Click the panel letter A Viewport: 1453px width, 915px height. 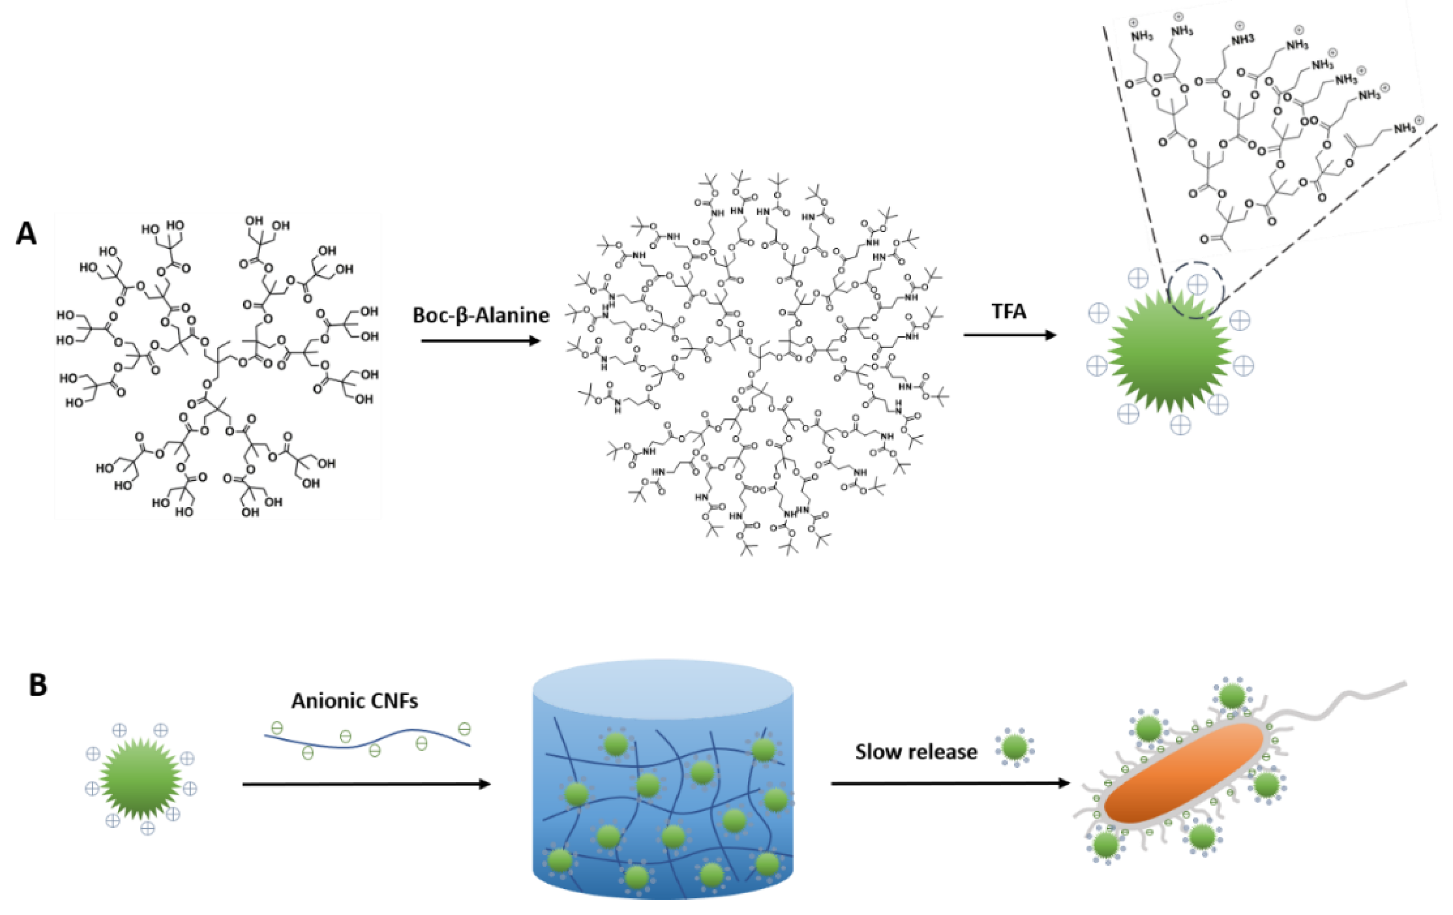click(26, 234)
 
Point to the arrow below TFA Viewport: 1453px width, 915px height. click(1009, 335)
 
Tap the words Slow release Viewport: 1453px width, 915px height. click(916, 752)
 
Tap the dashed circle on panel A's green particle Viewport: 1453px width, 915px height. click(1195, 290)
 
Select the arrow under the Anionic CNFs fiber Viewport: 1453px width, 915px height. click(366, 785)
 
